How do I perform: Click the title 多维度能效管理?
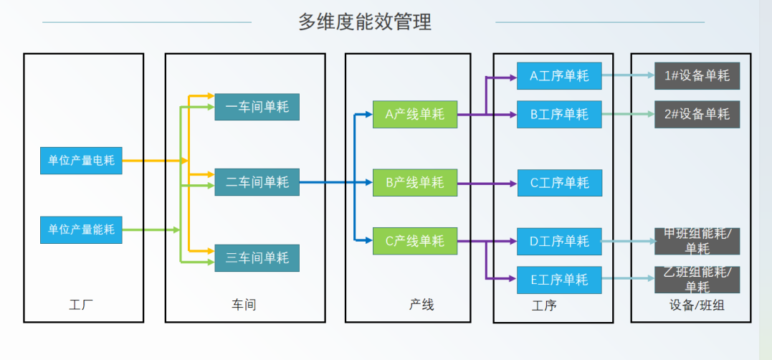tap(365, 22)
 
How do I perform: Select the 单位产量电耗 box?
tap(81, 161)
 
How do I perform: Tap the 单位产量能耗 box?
tap(81, 229)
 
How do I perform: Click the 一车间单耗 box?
tap(257, 107)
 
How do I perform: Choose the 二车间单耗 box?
tap(257, 183)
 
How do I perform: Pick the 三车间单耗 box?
tap(257, 258)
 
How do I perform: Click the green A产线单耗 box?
tap(414, 115)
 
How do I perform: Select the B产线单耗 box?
tap(414, 183)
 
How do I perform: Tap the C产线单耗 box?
tap(414, 241)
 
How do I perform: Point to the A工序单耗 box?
tap(559, 75)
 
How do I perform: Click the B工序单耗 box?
tap(559, 115)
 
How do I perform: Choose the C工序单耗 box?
tap(559, 183)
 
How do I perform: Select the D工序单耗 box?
tap(559, 241)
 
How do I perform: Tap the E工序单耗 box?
tap(559, 280)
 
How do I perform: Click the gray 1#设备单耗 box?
tap(697, 75)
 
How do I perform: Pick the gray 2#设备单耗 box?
tap(697, 115)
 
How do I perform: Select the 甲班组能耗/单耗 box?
tap(697, 242)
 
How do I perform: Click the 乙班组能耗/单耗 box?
tap(697, 280)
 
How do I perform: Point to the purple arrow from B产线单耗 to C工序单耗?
tap(487, 184)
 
